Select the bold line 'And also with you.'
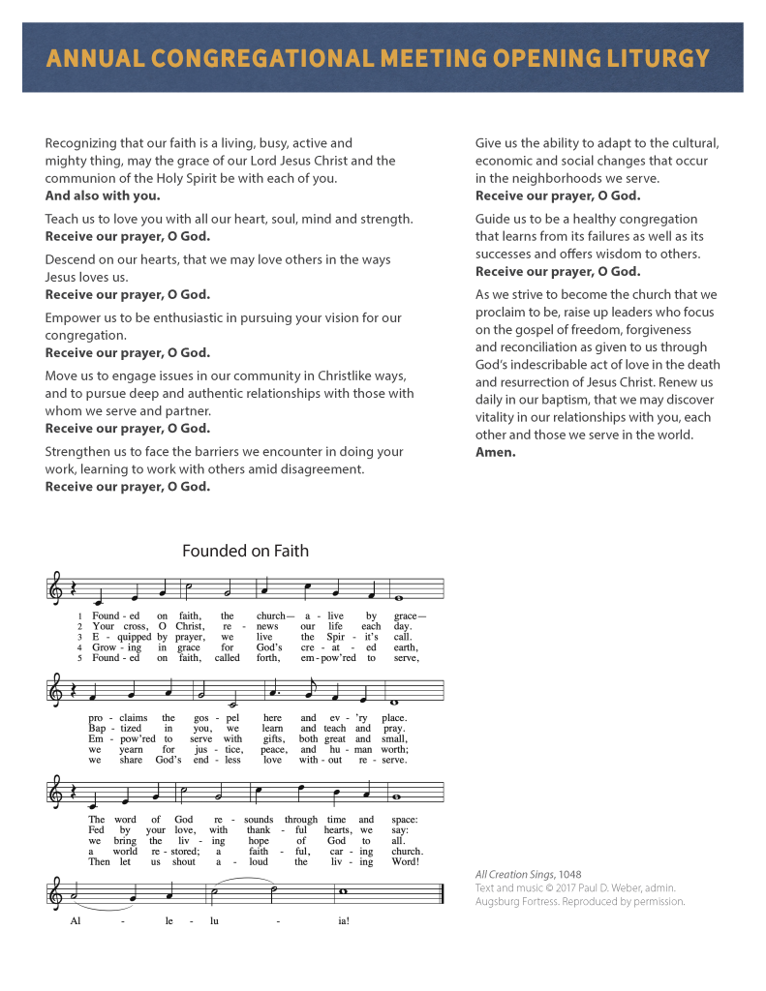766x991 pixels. (103, 195)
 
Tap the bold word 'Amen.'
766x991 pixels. (496, 452)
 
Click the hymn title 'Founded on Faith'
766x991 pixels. (245, 551)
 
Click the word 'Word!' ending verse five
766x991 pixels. (403, 861)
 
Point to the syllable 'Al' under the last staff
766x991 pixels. (77, 921)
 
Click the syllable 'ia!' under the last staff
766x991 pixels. (344, 921)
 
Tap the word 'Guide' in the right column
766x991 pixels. (494, 220)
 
